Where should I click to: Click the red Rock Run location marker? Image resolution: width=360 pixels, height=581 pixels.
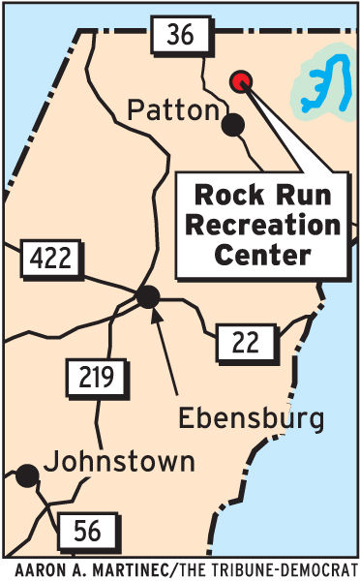(x=241, y=81)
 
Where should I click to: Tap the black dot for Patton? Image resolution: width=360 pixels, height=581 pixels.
(x=232, y=124)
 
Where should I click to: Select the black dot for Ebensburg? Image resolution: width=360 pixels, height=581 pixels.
(x=147, y=297)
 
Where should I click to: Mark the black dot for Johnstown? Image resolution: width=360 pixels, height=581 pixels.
(x=26, y=474)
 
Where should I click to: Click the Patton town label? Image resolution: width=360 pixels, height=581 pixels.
(x=173, y=111)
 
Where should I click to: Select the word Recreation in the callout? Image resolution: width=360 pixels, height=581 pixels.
(x=262, y=225)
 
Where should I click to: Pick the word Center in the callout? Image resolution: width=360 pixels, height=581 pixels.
(x=262, y=256)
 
